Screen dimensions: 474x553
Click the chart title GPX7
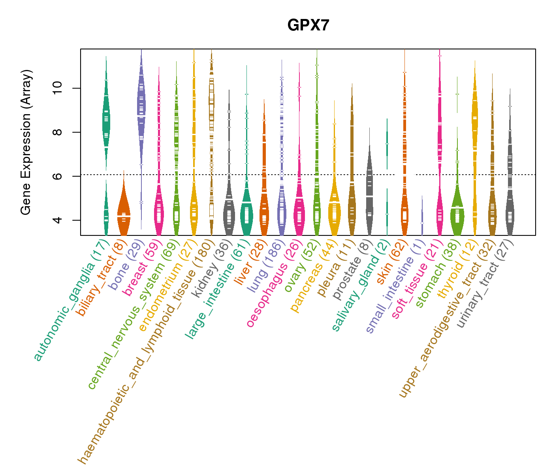[x=308, y=25]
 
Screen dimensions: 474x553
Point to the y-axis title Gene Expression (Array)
[x=26, y=142]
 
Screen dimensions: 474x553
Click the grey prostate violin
[x=369, y=197]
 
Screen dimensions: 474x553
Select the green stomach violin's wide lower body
[x=457, y=215]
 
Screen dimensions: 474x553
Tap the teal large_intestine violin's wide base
[x=246, y=215]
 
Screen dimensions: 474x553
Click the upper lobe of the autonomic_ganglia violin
[x=106, y=122]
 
